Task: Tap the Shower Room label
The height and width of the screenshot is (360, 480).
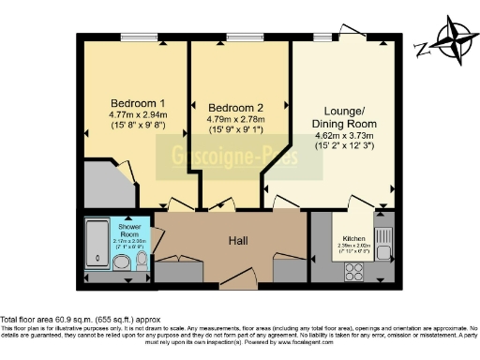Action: pos(128,230)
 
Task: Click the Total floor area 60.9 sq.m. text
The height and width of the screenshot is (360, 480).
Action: pos(73,319)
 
